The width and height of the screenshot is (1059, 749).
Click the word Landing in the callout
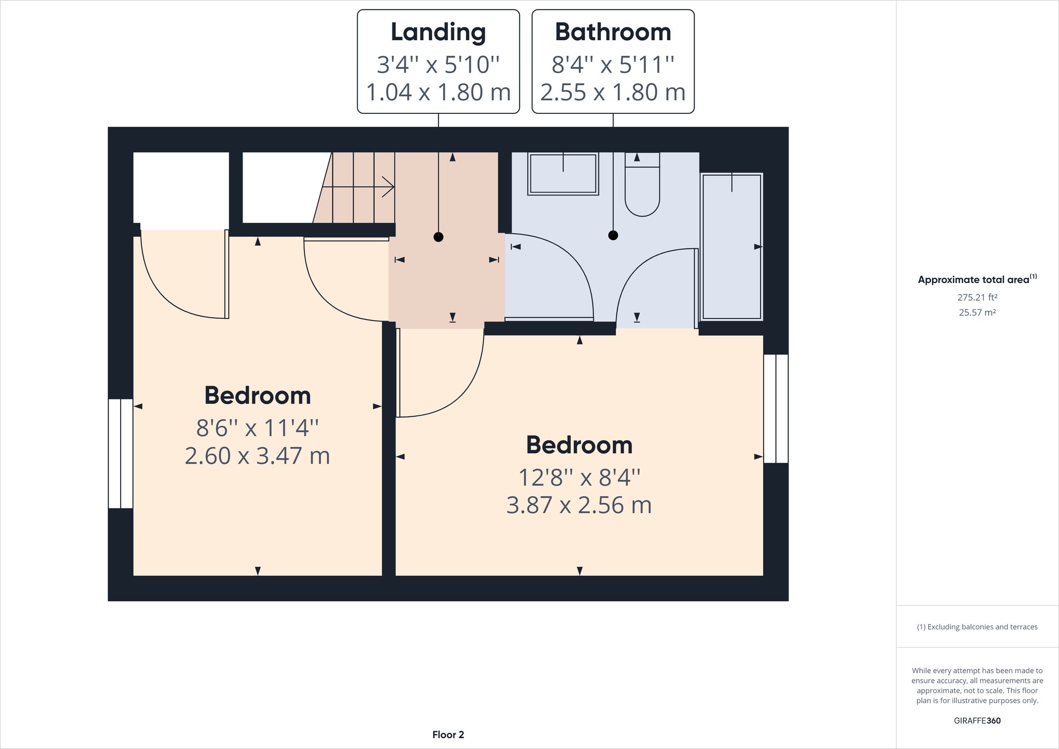point(438,32)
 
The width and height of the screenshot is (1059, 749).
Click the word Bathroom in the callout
point(613,32)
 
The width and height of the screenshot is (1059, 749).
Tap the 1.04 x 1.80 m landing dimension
point(438,92)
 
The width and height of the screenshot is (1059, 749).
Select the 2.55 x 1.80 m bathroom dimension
point(613,92)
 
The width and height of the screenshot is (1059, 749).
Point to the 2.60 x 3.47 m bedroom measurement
point(257,456)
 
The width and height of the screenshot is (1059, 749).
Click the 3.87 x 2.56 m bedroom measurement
point(579,505)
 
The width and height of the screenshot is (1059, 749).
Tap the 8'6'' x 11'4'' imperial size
point(257,428)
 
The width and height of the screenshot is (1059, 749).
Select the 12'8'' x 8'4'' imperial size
point(579,478)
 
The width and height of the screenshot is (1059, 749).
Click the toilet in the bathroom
point(642,188)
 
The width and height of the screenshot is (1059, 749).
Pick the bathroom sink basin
point(563,174)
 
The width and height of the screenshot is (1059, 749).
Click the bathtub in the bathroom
point(732,247)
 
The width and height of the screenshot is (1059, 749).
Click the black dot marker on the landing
point(438,237)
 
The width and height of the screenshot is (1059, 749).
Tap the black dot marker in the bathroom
point(613,235)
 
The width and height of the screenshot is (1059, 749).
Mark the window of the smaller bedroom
point(121,453)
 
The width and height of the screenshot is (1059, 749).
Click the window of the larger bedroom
point(776,408)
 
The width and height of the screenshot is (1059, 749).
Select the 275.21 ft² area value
point(977,298)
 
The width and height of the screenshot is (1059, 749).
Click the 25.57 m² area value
point(977,313)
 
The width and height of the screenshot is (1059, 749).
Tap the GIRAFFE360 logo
point(977,720)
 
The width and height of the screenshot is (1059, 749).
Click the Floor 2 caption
point(448,735)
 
